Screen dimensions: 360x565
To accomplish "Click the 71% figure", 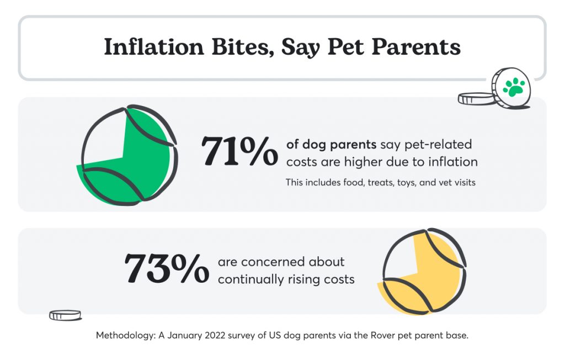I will point(239,151).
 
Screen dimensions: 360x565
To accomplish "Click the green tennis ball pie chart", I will point(129,155).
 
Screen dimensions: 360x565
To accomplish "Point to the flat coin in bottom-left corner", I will point(65,315).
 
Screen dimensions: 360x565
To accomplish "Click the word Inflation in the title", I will point(148,47).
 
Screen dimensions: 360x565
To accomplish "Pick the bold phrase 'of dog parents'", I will point(331,145).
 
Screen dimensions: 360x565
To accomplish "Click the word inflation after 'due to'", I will point(451,162).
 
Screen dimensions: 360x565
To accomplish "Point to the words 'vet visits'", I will point(456,182).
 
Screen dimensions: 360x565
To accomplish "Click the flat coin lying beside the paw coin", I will point(477,98).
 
